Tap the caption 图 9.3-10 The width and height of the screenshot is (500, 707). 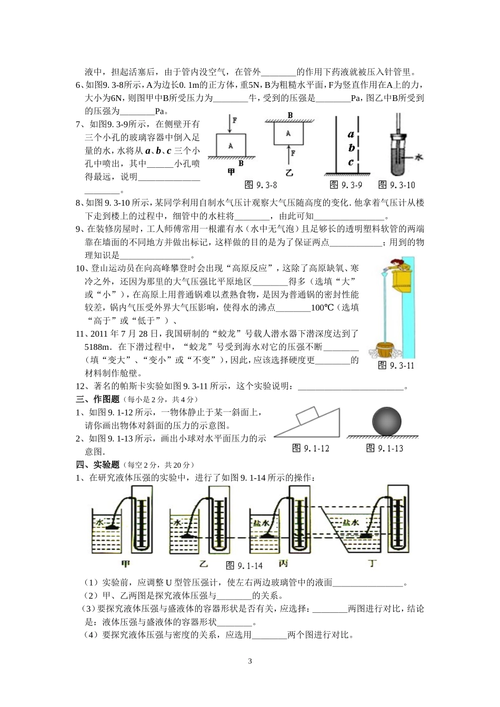coord(397,185)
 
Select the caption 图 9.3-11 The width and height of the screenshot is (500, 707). coord(396,365)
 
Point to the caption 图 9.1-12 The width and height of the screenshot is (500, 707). coord(311,448)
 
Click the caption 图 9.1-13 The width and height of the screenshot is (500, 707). coord(385,448)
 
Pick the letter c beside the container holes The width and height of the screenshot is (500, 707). coord(351,162)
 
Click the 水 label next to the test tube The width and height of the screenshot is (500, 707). coord(419,157)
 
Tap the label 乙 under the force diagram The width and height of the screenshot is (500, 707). coord(289,172)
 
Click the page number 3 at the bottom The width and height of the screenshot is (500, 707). coord(250,661)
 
